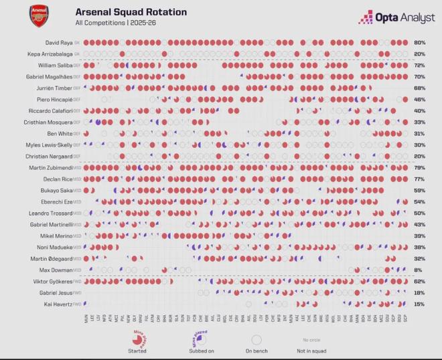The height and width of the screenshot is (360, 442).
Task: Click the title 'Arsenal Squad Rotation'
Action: (131, 12)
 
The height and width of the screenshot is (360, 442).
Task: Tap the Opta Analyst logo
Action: (396, 18)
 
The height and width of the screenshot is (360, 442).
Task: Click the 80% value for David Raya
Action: (420, 43)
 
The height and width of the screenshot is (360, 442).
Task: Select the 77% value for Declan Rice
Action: (420, 179)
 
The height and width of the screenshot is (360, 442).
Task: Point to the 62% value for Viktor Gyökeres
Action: (420, 282)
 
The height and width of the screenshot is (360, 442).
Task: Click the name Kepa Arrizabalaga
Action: (54, 54)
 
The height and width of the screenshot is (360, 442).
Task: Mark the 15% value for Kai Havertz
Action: (420, 304)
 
